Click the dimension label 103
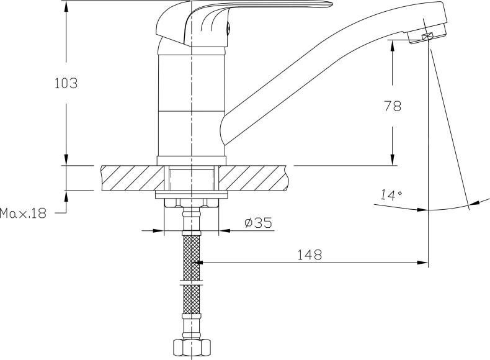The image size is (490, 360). [66, 84]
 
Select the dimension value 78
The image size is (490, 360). [392, 106]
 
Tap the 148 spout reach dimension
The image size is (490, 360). [309, 254]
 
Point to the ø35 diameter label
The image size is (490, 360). [259, 223]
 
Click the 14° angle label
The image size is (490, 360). [391, 195]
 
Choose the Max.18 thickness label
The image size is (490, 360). [23, 214]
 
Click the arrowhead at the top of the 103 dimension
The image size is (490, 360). [66, 6]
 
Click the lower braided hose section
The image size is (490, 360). [191, 300]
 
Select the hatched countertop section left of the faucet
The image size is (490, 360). [132, 178]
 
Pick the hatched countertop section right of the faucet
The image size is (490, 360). [253, 178]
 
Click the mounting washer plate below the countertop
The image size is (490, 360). [191, 194]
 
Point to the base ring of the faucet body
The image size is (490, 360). [191, 161]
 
